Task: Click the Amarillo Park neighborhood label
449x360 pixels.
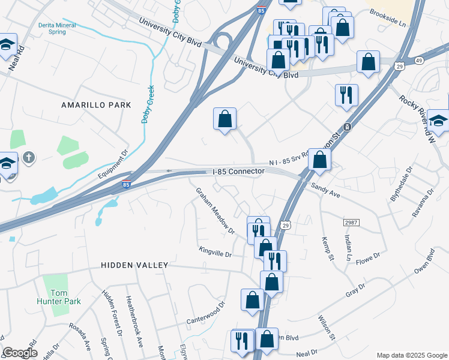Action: pos(96,105)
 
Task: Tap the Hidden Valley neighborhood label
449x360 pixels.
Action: pos(134,265)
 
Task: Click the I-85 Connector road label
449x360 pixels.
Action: pos(239,172)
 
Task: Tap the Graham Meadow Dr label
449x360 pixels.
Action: pos(214,211)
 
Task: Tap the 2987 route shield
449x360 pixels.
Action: pos(351,223)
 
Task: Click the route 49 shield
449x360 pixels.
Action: pos(418,60)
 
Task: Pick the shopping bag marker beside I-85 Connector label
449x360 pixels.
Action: pos(319,160)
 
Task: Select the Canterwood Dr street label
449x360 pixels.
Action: pos(205,313)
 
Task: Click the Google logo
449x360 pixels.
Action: pos(20,353)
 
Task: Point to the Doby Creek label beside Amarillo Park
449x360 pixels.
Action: pos(148,104)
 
